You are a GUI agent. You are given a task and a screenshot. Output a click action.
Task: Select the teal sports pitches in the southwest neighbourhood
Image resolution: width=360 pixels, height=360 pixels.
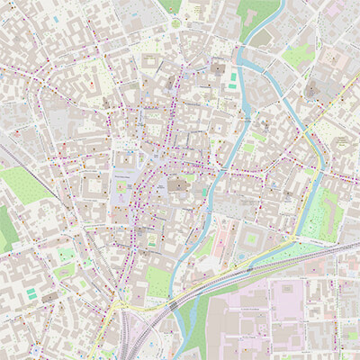(32, 294)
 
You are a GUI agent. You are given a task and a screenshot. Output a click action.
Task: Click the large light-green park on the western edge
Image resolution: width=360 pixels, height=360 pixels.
(25, 184)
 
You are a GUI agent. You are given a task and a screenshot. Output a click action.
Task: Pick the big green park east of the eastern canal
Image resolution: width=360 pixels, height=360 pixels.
(319, 216)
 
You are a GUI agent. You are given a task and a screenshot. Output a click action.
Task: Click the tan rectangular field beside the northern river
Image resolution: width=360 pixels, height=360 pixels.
(262, 39)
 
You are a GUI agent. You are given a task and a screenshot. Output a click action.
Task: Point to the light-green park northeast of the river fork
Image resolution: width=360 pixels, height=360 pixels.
(297, 56)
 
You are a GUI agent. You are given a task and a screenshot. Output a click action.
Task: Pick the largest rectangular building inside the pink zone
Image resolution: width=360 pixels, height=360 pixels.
(288, 301)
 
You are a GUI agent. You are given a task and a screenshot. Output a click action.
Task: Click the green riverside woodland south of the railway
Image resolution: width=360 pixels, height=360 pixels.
(193, 324)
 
